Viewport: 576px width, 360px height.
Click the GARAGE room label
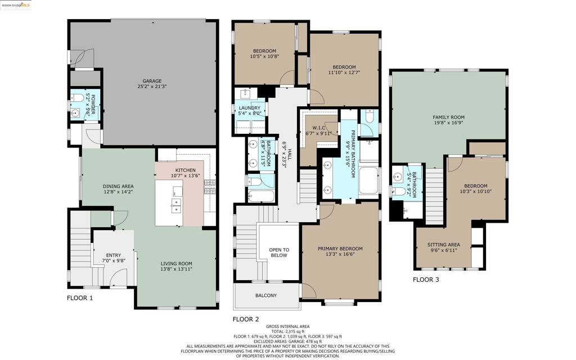(152, 81)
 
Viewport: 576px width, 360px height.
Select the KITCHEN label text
(185, 170)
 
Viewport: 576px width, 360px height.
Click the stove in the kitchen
(209, 186)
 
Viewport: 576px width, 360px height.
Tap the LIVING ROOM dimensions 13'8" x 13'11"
(176, 269)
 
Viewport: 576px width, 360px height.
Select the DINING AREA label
(118, 186)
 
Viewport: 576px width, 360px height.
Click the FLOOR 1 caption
(80, 298)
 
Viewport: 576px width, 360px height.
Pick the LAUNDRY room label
(249, 108)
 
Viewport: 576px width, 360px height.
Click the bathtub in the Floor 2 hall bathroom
(261, 196)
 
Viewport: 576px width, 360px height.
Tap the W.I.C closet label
(318, 128)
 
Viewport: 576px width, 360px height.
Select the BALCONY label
(266, 295)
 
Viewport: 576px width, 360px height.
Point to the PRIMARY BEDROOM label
(340, 249)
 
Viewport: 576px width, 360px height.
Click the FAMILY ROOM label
(448, 117)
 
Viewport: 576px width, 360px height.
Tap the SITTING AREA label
(444, 245)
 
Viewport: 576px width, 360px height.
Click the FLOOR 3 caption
(426, 280)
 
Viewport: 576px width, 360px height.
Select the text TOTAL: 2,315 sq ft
(287, 331)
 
